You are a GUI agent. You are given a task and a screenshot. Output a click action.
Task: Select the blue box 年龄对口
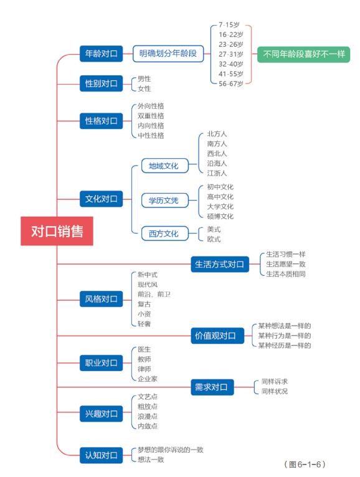coord(101,54)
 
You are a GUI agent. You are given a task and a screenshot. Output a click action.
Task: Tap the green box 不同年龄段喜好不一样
coord(303,54)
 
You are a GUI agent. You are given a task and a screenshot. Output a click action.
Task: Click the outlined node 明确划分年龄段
coord(168,54)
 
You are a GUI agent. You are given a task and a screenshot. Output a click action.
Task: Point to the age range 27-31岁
coord(230,54)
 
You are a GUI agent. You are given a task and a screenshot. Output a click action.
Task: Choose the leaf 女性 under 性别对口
coord(144,88)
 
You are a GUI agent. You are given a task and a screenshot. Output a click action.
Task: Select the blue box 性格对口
coord(101,120)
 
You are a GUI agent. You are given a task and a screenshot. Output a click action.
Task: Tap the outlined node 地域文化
coord(164,166)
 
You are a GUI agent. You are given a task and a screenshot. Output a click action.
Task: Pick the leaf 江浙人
coord(217,173)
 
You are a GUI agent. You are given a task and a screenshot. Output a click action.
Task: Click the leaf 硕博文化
coord(220,216)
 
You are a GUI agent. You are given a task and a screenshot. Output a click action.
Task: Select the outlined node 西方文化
coord(164,234)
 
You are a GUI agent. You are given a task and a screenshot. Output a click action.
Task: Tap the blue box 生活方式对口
coord(220,264)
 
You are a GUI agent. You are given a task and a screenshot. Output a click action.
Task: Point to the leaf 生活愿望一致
coord(285,264)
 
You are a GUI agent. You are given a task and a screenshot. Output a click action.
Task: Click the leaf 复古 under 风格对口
coord(144,304)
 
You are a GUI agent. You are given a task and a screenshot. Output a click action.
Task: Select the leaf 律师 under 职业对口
coord(144,369)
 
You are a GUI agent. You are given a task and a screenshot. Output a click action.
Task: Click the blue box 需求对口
coord(213,387)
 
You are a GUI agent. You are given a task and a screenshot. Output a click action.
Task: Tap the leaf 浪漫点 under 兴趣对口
coord(148,416)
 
